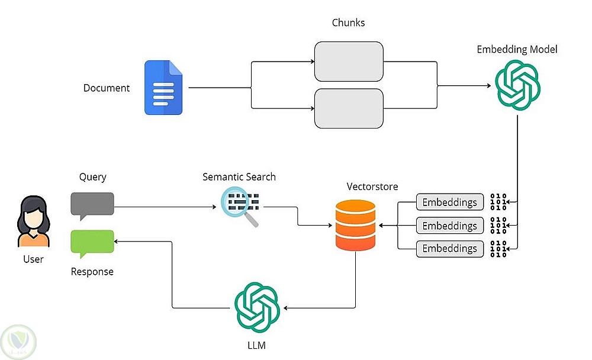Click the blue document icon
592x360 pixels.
[x=164, y=88]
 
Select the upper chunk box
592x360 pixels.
[x=349, y=62]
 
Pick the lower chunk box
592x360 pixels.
[x=349, y=108]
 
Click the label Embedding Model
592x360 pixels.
[x=517, y=50]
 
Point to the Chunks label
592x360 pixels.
[x=349, y=23]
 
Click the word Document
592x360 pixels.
[x=107, y=88]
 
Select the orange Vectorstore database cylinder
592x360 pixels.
[x=355, y=225]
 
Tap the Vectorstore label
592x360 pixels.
[x=372, y=187]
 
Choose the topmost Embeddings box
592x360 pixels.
[x=450, y=202]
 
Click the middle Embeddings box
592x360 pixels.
[x=450, y=226]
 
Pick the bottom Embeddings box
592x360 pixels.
[x=450, y=248]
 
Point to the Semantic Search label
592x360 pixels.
[x=239, y=177]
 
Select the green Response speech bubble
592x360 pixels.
[x=92, y=243]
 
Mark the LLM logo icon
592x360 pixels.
[x=257, y=307]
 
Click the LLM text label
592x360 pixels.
[x=257, y=343]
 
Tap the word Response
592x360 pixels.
[x=92, y=272]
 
